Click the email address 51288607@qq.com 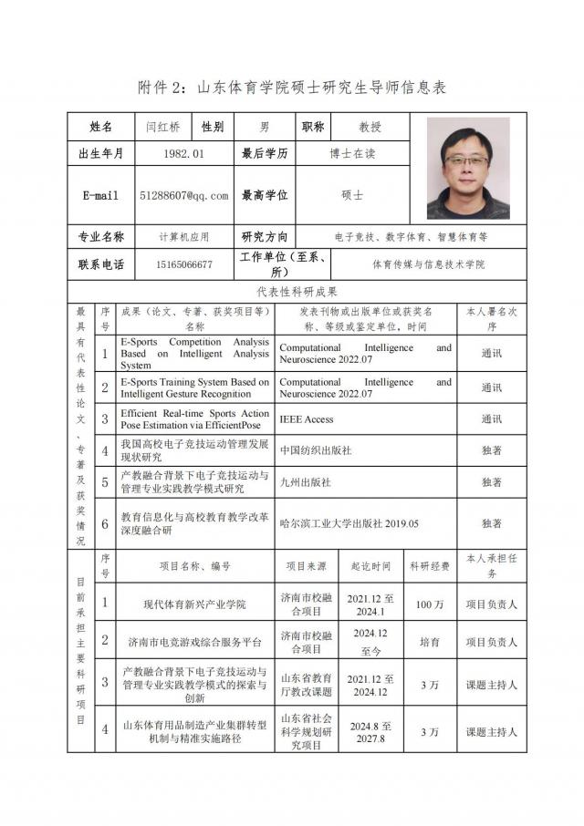click(x=184, y=195)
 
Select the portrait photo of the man click(x=468, y=171)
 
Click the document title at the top click(x=291, y=87)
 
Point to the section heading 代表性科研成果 click(x=297, y=292)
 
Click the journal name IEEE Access click(x=307, y=419)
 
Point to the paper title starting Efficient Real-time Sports click(x=195, y=419)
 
